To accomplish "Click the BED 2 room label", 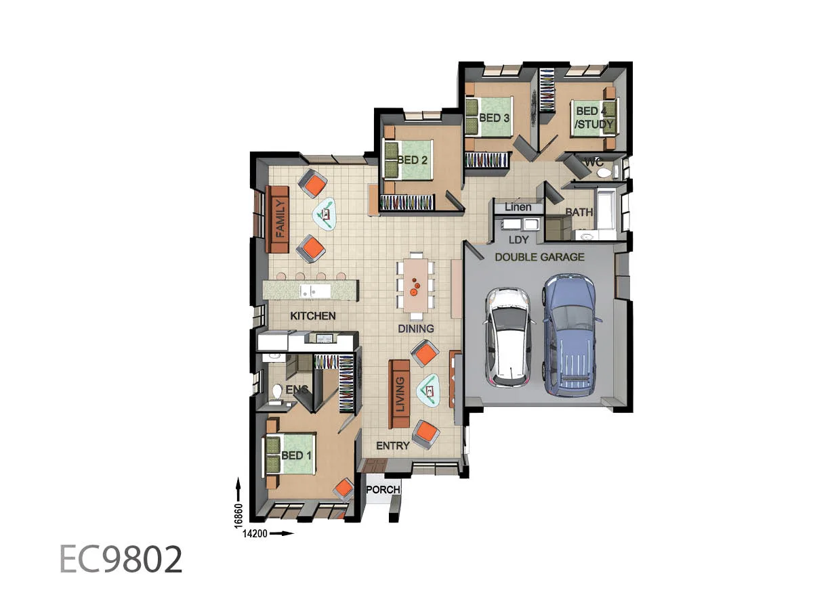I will click(x=413, y=160).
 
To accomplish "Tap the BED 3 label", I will click(x=494, y=118).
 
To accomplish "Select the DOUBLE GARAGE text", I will click(x=539, y=257).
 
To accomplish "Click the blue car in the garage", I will click(x=569, y=335).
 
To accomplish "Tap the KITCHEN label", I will click(x=312, y=316).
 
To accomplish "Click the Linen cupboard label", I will click(x=518, y=207).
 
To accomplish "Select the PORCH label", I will click(x=383, y=490).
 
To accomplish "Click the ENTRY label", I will click(x=392, y=445).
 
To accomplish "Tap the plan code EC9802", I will click(x=121, y=560).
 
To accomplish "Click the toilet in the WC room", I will click(x=603, y=173).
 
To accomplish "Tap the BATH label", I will click(x=579, y=212).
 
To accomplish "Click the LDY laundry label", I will click(x=519, y=240).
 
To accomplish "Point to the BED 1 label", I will click(x=296, y=455).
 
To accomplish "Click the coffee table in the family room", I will click(x=325, y=215).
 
